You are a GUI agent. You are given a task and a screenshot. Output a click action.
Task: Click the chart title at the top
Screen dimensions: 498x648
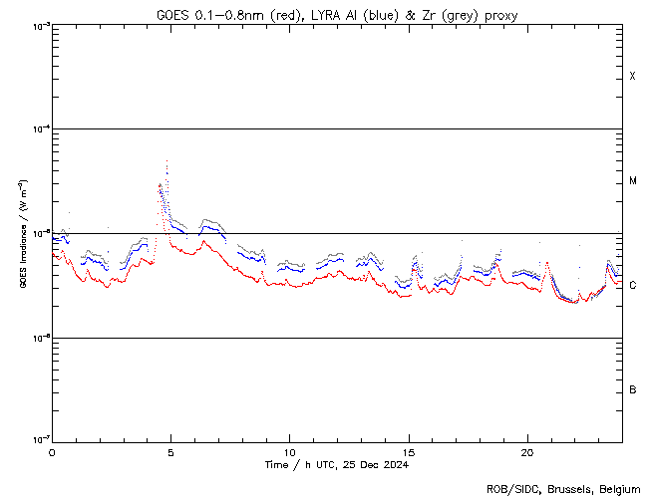337,14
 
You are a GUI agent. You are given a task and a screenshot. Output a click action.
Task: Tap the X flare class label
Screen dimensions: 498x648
633,77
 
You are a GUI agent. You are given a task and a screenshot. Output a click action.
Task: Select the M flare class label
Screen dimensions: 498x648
633,181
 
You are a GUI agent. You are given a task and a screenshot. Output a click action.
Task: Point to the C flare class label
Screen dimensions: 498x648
633,286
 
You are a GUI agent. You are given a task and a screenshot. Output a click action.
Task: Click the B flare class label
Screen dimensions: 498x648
633,389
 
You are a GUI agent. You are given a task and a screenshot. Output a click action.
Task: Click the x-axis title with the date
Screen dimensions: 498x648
337,464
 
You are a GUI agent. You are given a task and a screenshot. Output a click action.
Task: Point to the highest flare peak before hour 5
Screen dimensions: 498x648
166,161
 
